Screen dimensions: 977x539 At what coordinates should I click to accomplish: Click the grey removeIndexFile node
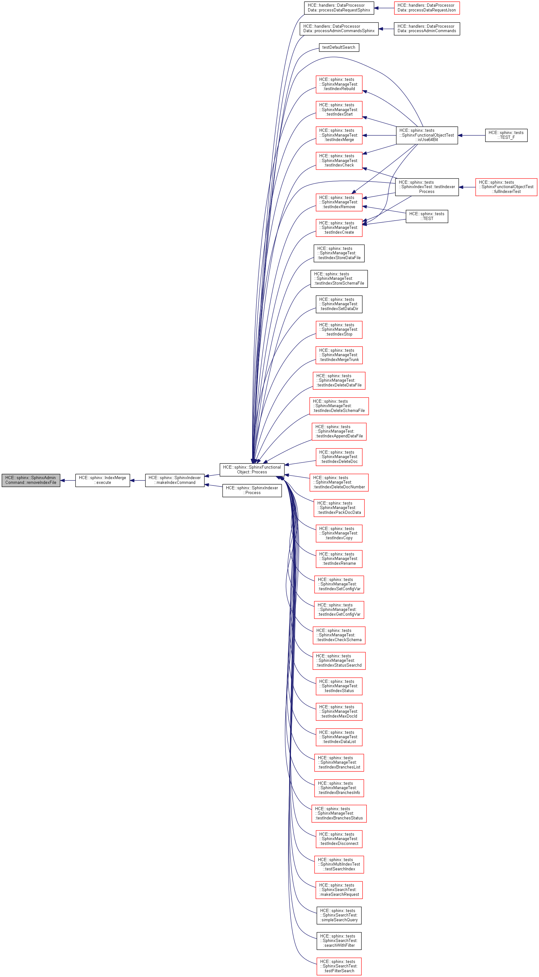tap(31, 480)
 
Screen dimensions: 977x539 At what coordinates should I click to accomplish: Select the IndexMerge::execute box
tap(103, 480)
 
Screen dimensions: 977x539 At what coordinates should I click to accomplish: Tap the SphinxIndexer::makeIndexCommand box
tap(174, 480)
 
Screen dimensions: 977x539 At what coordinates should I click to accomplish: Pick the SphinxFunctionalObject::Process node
tap(252, 470)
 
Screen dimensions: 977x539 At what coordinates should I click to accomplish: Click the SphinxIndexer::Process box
tap(252, 490)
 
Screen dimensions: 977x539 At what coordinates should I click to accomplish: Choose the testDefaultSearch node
tap(339, 47)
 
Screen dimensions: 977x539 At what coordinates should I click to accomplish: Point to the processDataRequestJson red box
tap(426, 8)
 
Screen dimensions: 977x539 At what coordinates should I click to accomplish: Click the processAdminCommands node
tap(426, 29)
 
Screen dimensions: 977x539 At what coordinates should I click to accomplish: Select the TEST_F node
tap(506, 135)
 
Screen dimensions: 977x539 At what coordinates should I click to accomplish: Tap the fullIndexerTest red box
tap(506, 187)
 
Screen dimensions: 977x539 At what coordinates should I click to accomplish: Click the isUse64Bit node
tap(427, 135)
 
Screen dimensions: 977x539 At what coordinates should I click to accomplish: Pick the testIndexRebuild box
tap(339, 84)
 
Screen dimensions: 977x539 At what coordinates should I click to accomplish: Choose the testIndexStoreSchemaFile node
tap(339, 279)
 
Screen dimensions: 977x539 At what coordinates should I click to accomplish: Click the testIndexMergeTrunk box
tap(339, 355)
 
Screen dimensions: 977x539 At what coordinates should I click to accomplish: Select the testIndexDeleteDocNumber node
tap(339, 482)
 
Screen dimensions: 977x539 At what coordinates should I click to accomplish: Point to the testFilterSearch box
tap(339, 966)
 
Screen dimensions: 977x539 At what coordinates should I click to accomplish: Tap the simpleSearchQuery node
tap(339, 915)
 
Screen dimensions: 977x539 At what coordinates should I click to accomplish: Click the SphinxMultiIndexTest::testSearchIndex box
tap(339, 864)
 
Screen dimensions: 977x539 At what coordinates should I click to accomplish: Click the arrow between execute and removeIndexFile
tap(67, 480)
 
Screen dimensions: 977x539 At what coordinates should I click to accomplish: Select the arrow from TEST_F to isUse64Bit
tap(471, 135)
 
